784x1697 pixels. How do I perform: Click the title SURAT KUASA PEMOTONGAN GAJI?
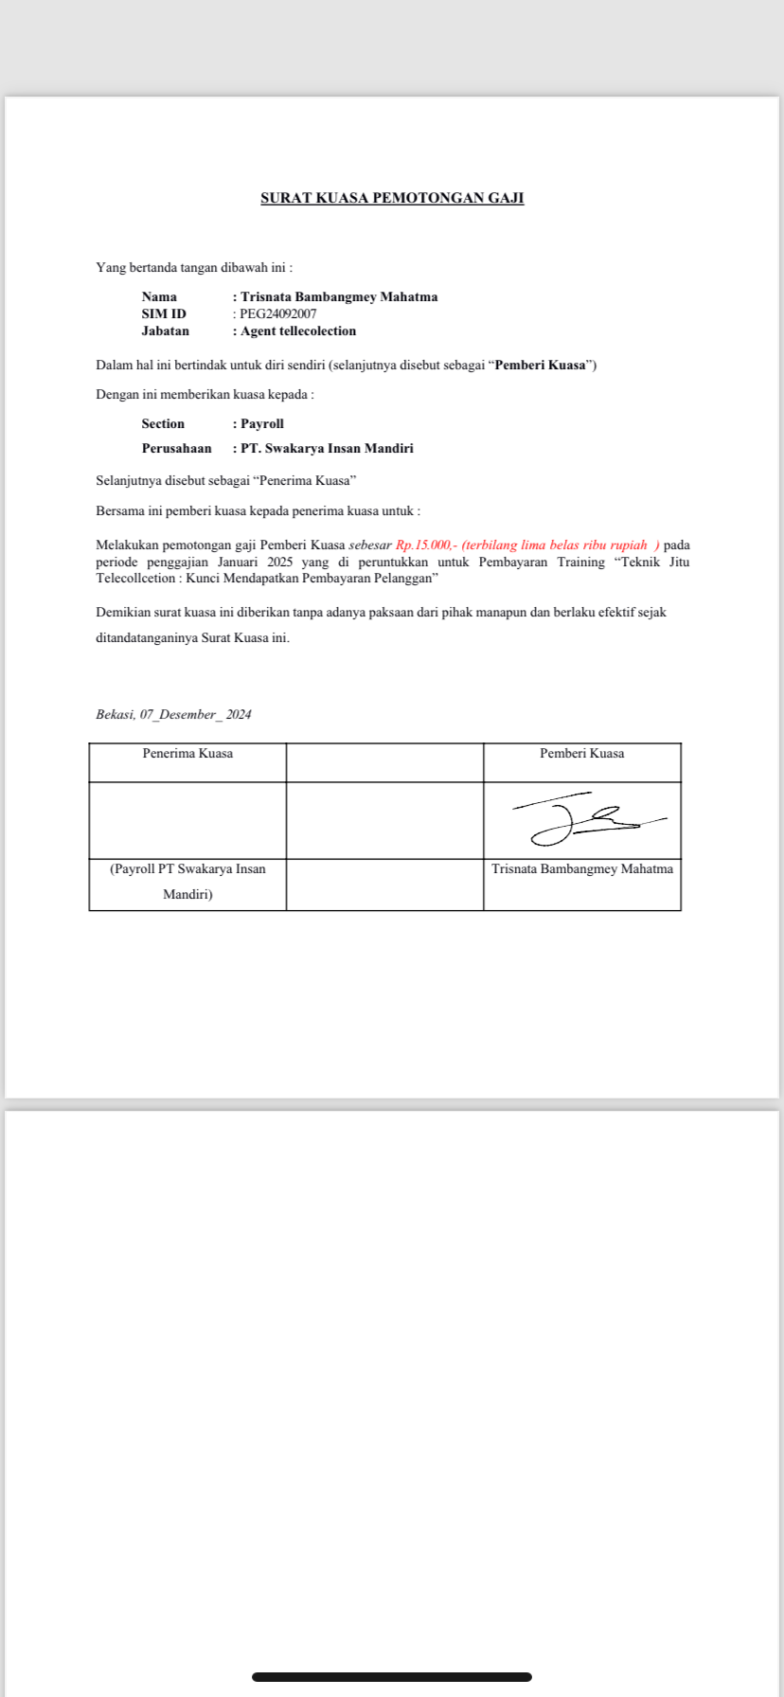[x=392, y=198]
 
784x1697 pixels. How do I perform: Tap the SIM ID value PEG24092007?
[x=277, y=314]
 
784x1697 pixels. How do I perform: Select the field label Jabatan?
[x=166, y=331]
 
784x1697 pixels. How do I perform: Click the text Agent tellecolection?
[x=298, y=331]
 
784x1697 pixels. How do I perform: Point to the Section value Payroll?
[x=262, y=424]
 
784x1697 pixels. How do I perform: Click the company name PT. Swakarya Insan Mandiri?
[x=327, y=449]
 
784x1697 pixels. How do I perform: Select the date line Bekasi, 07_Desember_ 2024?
[x=174, y=715]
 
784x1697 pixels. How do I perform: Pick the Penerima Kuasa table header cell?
[x=187, y=754]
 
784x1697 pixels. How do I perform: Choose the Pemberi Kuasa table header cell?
[x=582, y=754]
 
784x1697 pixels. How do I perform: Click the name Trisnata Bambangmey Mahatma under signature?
[x=582, y=869]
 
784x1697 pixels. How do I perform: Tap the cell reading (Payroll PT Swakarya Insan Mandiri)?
[x=187, y=882]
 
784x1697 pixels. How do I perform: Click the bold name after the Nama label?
[x=339, y=297]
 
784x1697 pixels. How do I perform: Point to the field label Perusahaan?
[x=177, y=449]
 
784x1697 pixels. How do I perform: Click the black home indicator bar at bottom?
[x=392, y=1676]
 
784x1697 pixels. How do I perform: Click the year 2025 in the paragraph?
[x=280, y=563]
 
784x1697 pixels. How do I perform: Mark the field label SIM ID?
[x=164, y=314]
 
